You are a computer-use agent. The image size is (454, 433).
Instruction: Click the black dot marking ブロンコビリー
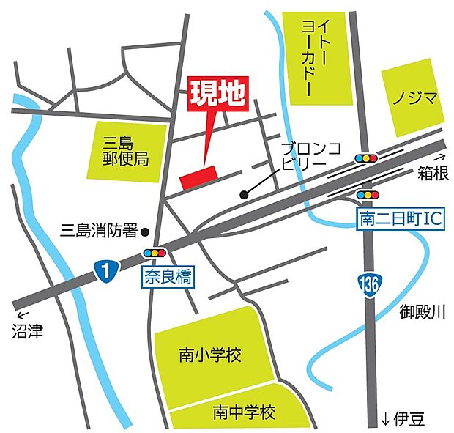244,195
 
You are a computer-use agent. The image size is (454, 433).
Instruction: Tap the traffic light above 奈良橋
155,253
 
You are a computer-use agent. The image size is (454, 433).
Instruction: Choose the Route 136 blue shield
368,281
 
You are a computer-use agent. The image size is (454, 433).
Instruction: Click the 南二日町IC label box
401,218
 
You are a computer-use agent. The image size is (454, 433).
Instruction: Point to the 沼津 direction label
26,332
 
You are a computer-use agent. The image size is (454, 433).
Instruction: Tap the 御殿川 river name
422,312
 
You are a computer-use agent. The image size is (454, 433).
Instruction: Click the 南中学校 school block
242,412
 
